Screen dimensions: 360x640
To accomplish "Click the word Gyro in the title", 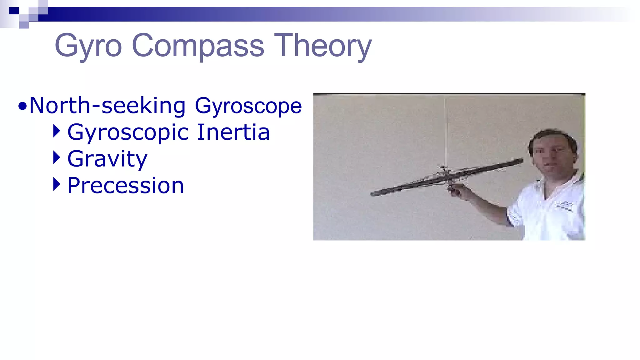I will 88,46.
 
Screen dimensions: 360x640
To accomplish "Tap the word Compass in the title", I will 198,46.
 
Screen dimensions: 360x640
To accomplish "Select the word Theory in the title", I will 323,46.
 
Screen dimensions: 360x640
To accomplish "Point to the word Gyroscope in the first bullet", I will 248,106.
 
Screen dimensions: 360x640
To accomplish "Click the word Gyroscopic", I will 128,133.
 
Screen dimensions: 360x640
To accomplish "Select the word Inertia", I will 233,132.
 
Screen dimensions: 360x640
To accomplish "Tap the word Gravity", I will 107,159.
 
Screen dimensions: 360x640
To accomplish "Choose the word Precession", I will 126,186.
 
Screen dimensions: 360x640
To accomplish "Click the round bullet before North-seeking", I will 22,107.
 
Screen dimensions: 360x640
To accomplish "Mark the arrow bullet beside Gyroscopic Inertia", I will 57,131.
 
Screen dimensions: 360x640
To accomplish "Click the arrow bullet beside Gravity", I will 57,157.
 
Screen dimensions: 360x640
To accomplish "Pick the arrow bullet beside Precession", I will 57,184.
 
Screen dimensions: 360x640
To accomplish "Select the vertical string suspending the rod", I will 445,131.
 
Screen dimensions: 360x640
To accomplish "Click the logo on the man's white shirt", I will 564,206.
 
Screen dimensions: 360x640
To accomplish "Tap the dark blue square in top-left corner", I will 14,11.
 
